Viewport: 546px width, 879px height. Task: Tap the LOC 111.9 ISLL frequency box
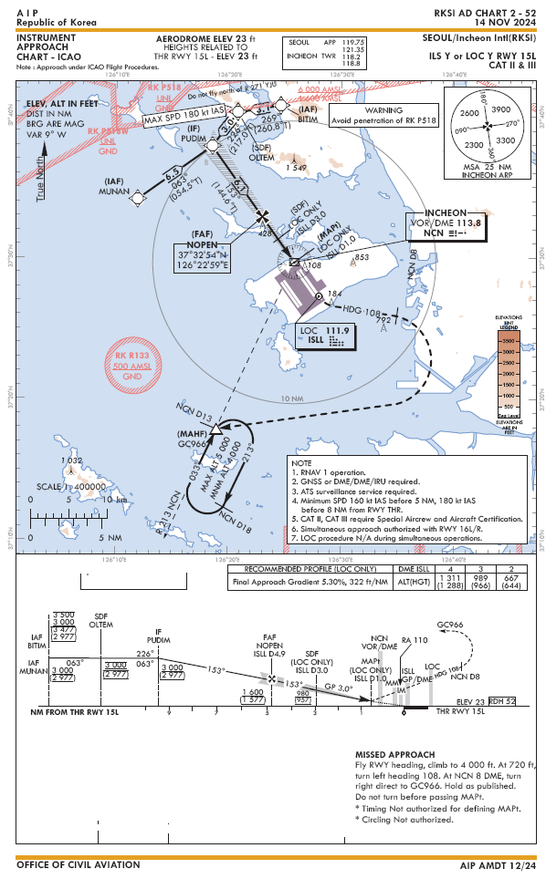pyautogui.click(x=326, y=336)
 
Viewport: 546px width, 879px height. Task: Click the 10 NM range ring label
pyautogui.click(x=292, y=398)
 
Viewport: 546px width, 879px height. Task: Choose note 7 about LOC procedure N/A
pyautogui.click(x=397, y=539)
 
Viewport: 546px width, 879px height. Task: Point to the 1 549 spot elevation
pyautogui.click(x=295, y=167)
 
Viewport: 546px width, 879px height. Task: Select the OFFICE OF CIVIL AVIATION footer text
pyautogui.click(x=79, y=864)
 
